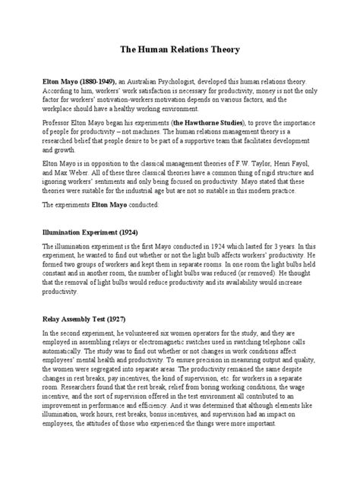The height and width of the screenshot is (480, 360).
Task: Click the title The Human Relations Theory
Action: tap(180, 50)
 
